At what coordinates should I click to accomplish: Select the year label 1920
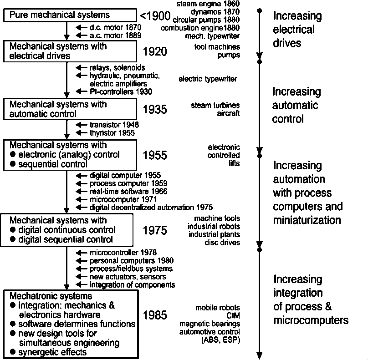click(155, 51)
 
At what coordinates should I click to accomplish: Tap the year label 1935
click(155, 109)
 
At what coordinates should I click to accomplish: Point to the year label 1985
click(155, 315)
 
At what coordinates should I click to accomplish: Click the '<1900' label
click(155, 17)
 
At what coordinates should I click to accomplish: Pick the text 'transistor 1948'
click(114, 125)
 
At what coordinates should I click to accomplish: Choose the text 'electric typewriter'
click(208, 79)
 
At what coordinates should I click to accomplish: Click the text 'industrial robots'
click(214, 227)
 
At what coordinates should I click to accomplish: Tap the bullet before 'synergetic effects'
click(13, 352)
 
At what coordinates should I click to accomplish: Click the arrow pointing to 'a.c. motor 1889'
click(82, 35)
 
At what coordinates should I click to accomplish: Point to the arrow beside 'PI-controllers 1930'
click(82, 91)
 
